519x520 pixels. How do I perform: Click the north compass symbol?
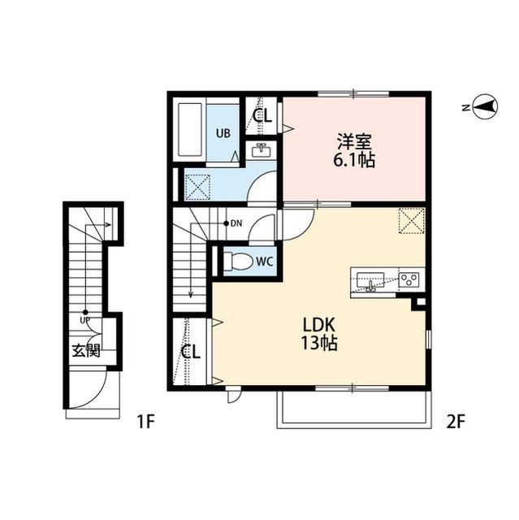pyautogui.click(x=485, y=107)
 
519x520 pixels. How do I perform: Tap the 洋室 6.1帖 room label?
pyautogui.click(x=354, y=150)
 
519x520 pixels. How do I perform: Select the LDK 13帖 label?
pyautogui.click(x=319, y=334)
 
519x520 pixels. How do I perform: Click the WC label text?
pyautogui.click(x=265, y=262)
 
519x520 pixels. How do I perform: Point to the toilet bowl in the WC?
pyautogui.click(x=237, y=261)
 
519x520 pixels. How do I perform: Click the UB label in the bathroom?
pyautogui.click(x=223, y=133)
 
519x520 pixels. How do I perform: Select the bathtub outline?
pyautogui.click(x=190, y=130)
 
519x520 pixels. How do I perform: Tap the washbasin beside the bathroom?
pyautogui.click(x=262, y=150)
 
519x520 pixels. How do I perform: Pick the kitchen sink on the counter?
pyautogui.click(x=370, y=280)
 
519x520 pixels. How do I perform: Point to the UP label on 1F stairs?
pyautogui.click(x=85, y=320)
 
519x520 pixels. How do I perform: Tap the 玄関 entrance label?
pyautogui.click(x=86, y=350)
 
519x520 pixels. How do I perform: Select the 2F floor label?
pyautogui.click(x=456, y=422)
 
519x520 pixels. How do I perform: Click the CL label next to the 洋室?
pyautogui.click(x=262, y=115)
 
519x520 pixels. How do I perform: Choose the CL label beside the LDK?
pyautogui.click(x=191, y=352)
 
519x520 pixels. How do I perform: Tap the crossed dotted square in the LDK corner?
pyautogui.click(x=412, y=220)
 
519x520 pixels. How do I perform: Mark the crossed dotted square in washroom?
pyautogui.click(x=197, y=187)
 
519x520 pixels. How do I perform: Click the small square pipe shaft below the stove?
pyautogui.click(x=421, y=302)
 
